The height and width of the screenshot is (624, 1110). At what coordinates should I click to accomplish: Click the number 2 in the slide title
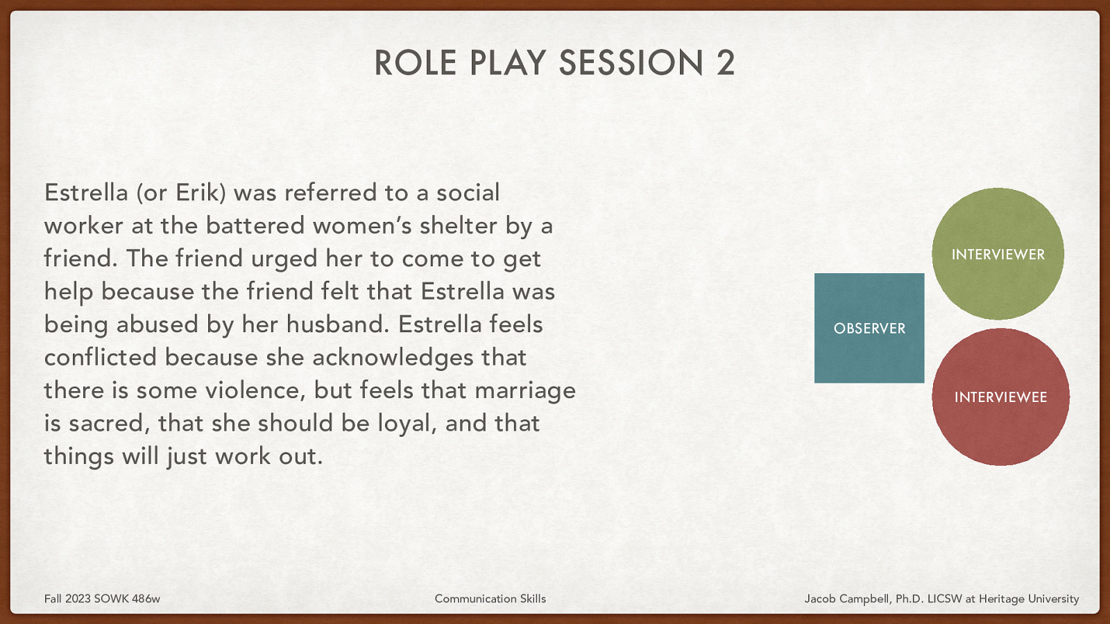click(x=726, y=63)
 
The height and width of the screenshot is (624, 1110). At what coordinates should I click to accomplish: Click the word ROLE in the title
click(x=416, y=63)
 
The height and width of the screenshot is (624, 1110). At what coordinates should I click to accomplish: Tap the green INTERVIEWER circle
click(x=998, y=254)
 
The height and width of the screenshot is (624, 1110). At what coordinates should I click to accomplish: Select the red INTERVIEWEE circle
click(x=1000, y=397)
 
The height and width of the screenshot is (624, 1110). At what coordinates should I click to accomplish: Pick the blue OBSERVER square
click(x=869, y=328)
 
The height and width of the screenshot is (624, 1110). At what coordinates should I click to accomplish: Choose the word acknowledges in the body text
click(x=393, y=357)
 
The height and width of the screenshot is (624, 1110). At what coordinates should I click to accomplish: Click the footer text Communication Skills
click(x=490, y=598)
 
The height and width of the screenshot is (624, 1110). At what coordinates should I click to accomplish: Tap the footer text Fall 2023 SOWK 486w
click(x=102, y=598)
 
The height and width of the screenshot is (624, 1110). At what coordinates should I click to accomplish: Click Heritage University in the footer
click(x=1029, y=598)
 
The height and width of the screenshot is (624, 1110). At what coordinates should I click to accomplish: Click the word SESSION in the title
click(x=631, y=63)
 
